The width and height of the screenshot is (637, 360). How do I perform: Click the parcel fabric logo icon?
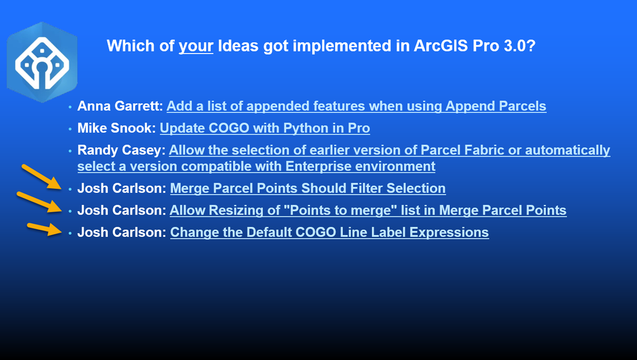click(42, 62)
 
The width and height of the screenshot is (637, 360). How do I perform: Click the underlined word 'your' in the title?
click(196, 46)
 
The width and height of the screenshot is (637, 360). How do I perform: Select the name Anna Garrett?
click(120, 106)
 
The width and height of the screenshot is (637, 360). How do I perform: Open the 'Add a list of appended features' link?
click(356, 106)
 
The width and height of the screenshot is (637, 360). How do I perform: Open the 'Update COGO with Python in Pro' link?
click(265, 128)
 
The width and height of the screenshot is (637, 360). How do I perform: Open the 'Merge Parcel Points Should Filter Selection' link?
click(308, 188)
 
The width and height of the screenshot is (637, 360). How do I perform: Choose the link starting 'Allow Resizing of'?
click(368, 210)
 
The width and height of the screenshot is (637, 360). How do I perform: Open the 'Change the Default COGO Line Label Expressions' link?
click(329, 232)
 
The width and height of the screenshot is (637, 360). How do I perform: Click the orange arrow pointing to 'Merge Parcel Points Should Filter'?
click(41, 177)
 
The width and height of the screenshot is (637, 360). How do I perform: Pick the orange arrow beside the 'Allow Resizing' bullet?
click(40, 202)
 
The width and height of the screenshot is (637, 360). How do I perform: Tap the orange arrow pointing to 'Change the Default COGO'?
click(45, 229)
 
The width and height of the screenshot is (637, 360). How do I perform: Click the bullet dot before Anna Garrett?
click(70, 107)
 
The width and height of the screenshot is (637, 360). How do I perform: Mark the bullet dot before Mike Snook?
click(70, 129)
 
